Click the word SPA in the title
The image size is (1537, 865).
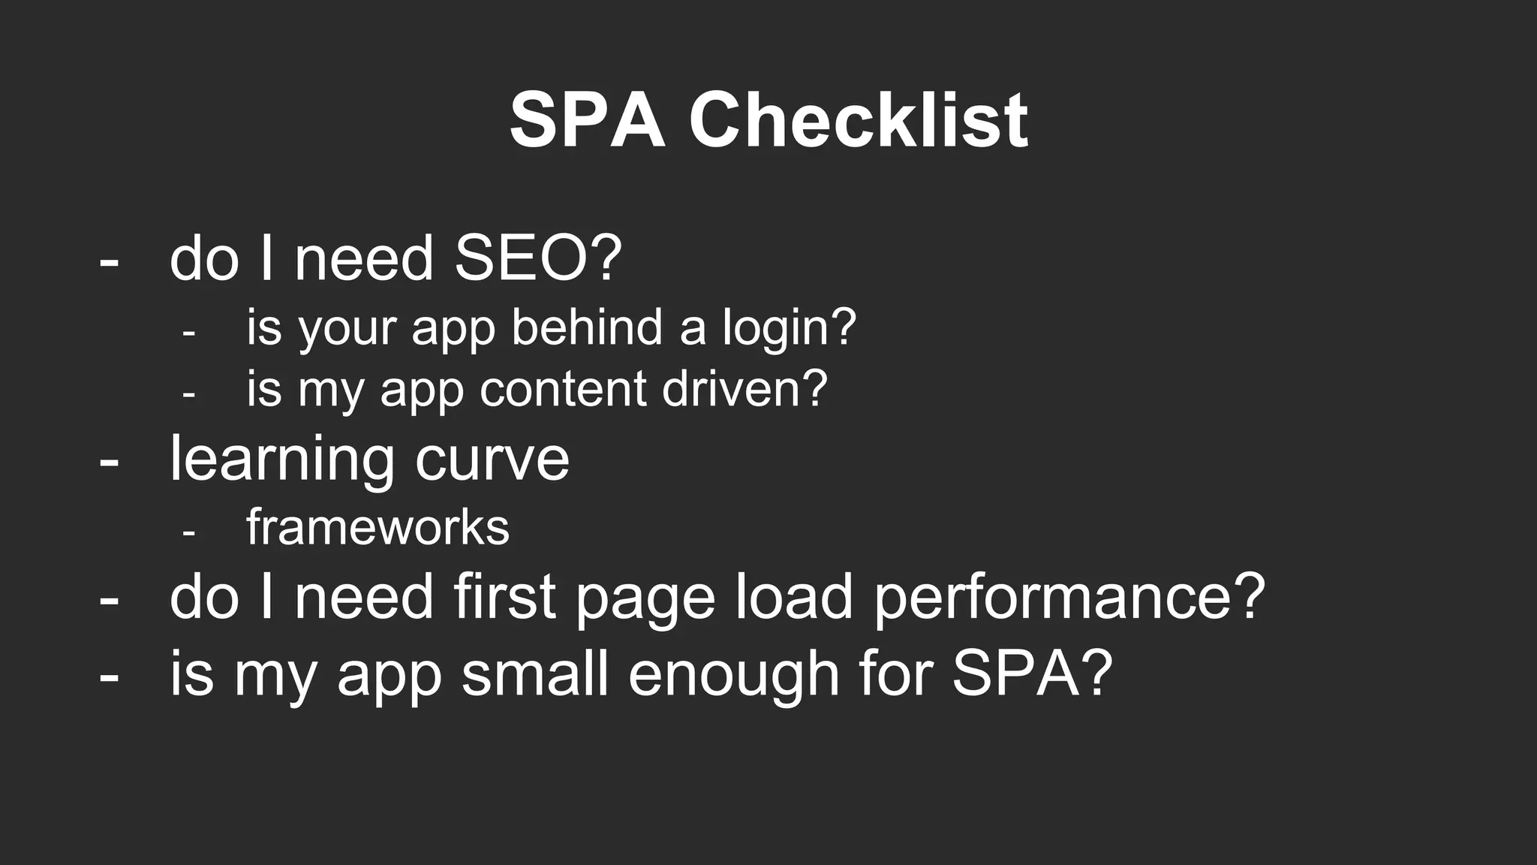[x=587, y=120]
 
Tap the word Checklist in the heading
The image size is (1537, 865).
[x=858, y=120]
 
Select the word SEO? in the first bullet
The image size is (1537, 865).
[x=538, y=258]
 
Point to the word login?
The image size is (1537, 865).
[x=789, y=328]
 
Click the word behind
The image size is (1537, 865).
[x=587, y=328]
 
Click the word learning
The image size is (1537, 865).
[x=282, y=460]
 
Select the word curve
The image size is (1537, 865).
[x=492, y=460]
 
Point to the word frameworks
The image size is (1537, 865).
[x=377, y=527]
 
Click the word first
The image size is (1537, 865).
[x=504, y=598]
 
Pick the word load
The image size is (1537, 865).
[x=794, y=598]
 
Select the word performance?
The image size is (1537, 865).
[x=1069, y=599]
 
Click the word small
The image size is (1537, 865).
[x=534, y=674]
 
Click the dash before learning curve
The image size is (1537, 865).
[x=109, y=460]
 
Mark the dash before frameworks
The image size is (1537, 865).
[x=188, y=532]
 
